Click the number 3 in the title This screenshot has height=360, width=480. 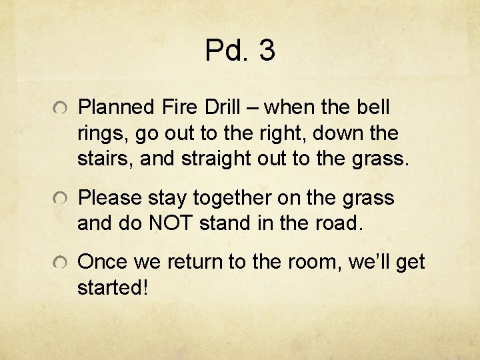[265, 51]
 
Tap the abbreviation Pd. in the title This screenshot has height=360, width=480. [227, 51]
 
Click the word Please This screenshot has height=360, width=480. [110, 198]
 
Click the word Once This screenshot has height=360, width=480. [106, 263]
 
